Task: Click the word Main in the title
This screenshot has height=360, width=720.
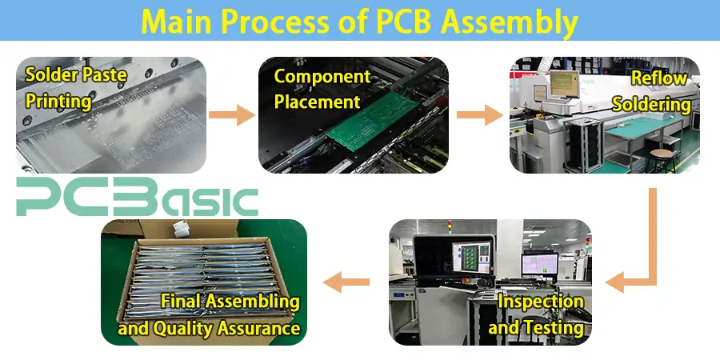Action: click(182, 22)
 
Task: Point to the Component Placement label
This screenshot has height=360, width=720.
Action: click(317, 89)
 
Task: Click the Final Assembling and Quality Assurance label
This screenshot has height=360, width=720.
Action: click(210, 314)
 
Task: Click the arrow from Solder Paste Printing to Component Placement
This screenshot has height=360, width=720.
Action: click(232, 114)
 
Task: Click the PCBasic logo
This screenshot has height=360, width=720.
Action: click(137, 198)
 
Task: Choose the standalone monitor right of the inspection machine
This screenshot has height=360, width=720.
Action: click(538, 263)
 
